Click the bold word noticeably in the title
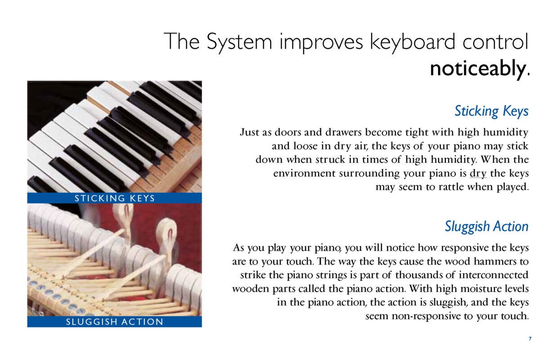click(478, 68)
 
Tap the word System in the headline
click(239, 42)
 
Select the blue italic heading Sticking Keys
click(491, 111)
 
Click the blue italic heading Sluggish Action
click(487, 227)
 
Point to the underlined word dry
click(478, 174)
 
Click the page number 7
click(530, 339)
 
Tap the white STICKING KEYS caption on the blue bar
click(115, 198)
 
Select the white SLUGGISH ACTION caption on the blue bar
click(115, 322)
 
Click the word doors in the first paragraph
click(287, 132)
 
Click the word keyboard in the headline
click(413, 42)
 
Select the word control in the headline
click(495, 41)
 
